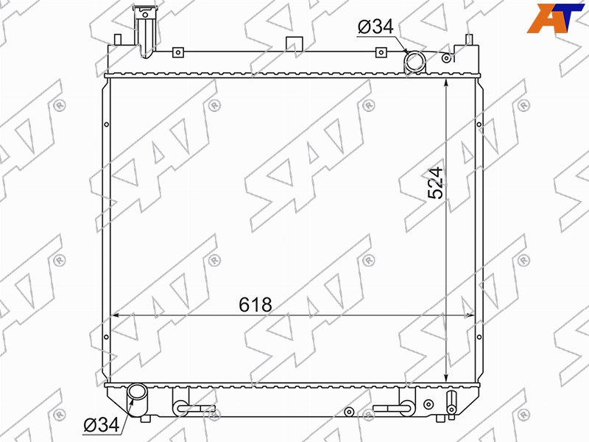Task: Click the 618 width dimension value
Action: (255, 304)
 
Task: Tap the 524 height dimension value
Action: (436, 183)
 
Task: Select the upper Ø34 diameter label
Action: (375, 27)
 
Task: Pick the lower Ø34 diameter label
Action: (101, 425)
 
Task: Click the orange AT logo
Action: (555, 18)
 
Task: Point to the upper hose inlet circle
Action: (415, 62)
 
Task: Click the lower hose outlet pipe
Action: (137, 399)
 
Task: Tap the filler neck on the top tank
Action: (145, 32)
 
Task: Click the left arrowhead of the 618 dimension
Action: (116, 315)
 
